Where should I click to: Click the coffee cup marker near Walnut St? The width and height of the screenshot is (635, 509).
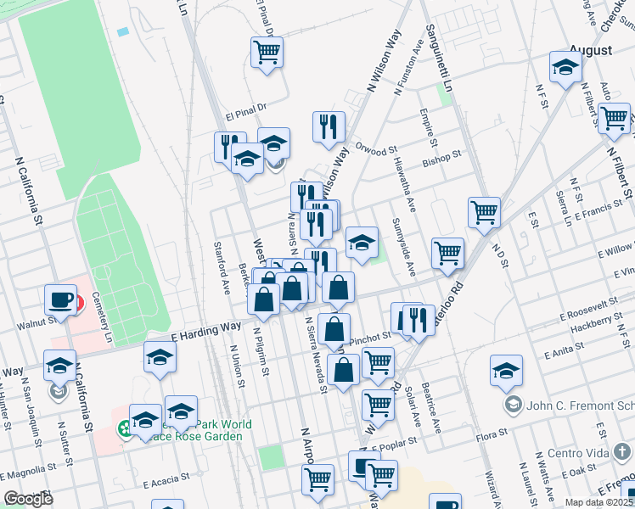point(61,299)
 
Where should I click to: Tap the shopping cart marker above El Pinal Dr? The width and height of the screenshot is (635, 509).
point(267,53)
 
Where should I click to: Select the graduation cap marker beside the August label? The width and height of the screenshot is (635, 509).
point(565,67)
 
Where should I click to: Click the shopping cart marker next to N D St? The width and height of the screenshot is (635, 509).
point(484,212)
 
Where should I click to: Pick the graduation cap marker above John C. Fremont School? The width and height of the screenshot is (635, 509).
point(506,370)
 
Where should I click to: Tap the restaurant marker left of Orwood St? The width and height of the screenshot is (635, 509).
point(329,126)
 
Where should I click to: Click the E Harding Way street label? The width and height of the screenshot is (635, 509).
point(206,329)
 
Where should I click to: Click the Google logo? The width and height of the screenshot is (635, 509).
point(28,498)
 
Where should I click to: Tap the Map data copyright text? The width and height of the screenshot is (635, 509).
point(598,502)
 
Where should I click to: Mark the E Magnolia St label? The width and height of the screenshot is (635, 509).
point(31,468)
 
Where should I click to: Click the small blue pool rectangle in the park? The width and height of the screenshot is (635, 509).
point(124,31)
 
